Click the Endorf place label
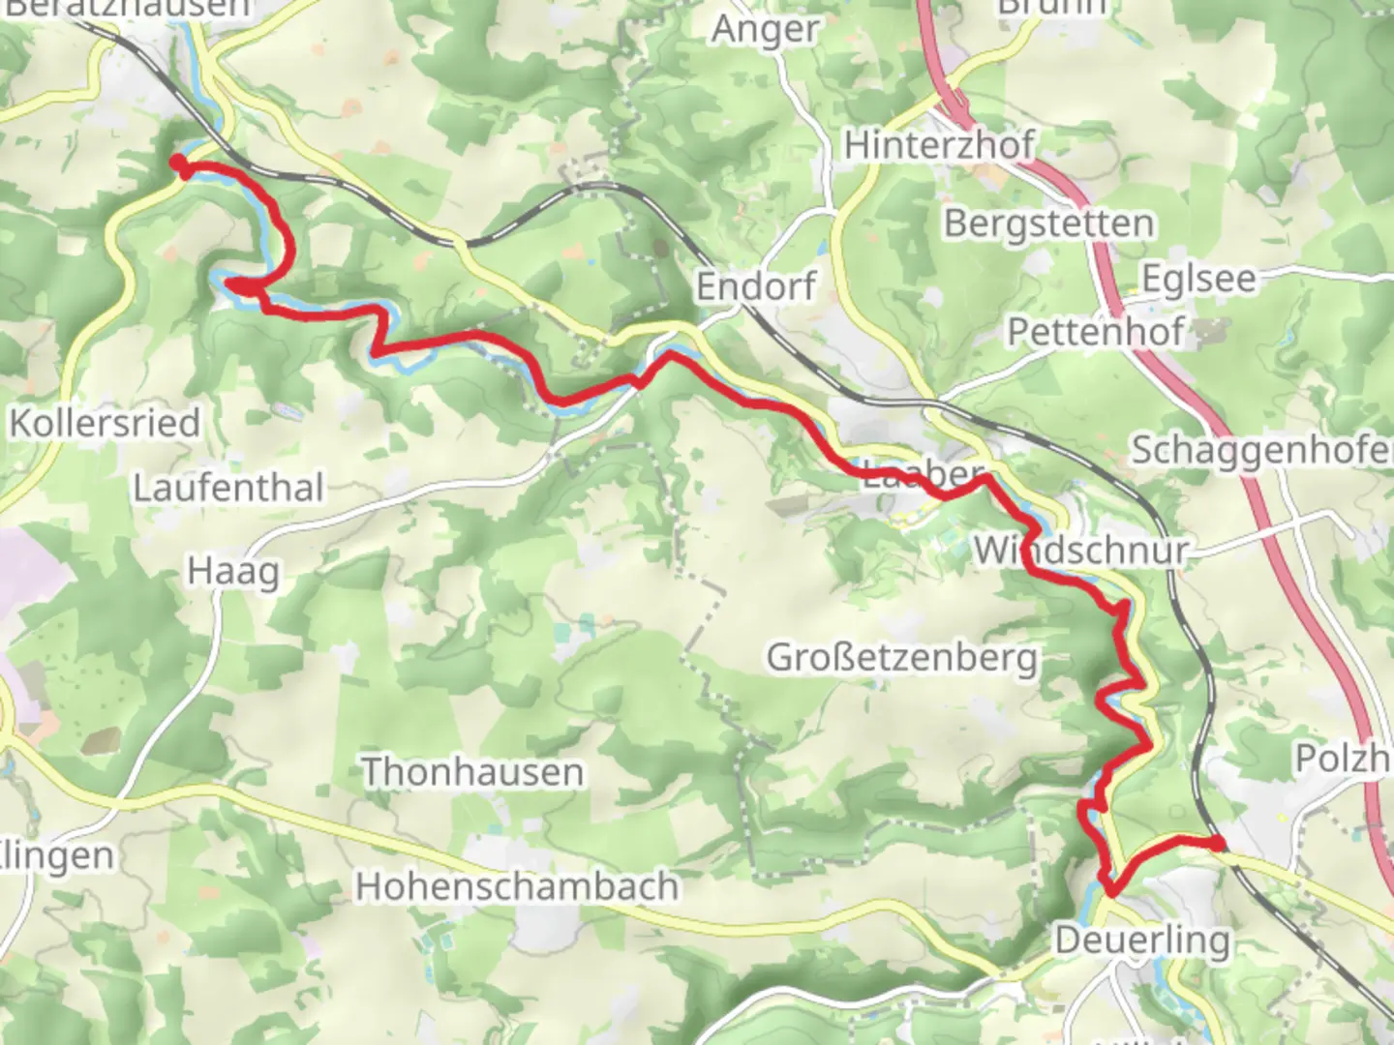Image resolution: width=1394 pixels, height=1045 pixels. [756, 286]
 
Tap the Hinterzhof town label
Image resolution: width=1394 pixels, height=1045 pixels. [938, 145]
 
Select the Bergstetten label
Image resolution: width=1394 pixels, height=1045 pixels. [1048, 224]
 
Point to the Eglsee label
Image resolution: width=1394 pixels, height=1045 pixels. [1198, 279]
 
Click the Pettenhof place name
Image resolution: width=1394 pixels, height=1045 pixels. [1095, 332]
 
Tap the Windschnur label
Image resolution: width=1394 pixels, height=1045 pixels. [1080, 551]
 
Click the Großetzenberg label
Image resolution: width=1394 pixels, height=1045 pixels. [902, 658]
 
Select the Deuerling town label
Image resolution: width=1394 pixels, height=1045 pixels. [1142, 940]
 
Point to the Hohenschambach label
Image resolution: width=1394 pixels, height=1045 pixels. [516, 886]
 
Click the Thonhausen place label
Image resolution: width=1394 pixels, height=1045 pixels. [472, 772]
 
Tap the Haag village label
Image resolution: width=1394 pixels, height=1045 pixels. [233, 571]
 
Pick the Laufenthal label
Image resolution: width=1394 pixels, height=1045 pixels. [227, 488]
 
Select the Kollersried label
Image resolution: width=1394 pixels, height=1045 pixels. [105, 423]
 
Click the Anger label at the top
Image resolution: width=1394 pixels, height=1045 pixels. [765, 30]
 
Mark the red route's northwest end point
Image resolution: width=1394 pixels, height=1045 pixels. [179, 164]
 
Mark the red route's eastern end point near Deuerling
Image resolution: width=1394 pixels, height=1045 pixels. [1217, 844]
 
